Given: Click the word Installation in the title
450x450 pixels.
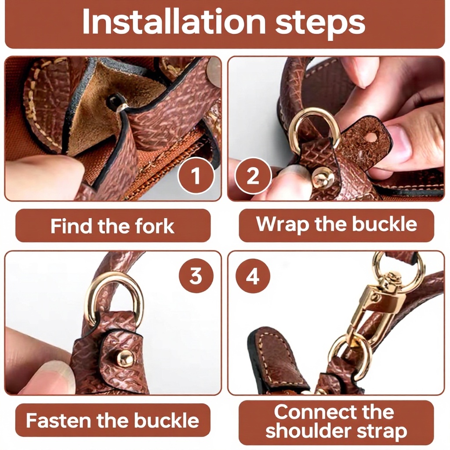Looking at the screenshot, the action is click(174, 22).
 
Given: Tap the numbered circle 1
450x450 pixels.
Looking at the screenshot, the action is click(196, 175).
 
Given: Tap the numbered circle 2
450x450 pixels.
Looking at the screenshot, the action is click(253, 175).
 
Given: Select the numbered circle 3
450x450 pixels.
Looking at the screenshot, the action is click(196, 276).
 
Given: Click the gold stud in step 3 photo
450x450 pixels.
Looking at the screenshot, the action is click(125, 359).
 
